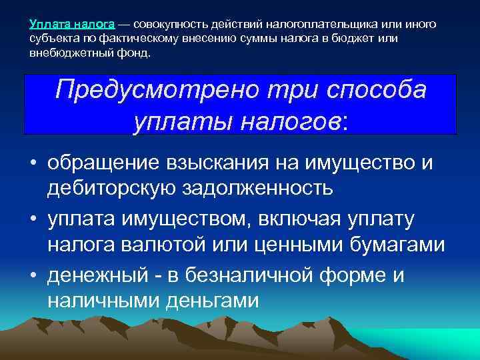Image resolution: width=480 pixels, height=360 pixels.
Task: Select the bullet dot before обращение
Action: pos(32,161)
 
